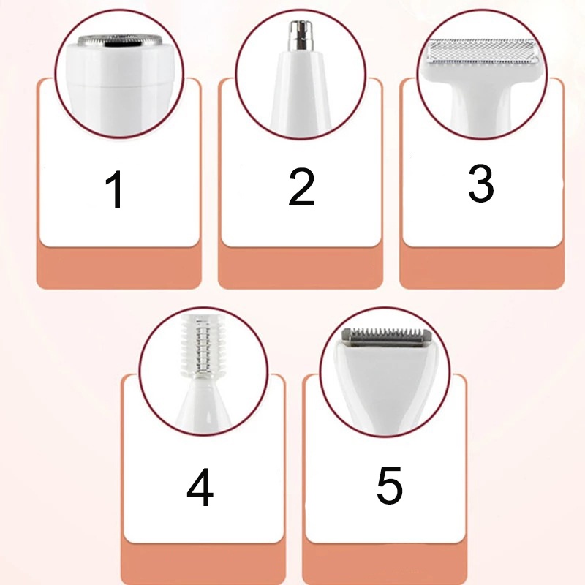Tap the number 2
tap(301, 187)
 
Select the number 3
tap(481, 184)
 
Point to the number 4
tap(200, 487)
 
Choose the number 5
tap(390, 485)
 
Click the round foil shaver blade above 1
tap(120, 40)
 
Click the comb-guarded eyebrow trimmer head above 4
tap(203, 346)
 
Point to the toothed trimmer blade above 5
tap(387, 336)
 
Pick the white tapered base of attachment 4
tap(204, 405)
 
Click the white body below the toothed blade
tap(386, 385)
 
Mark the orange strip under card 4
tap(203, 563)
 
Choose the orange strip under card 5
tap(385, 563)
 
